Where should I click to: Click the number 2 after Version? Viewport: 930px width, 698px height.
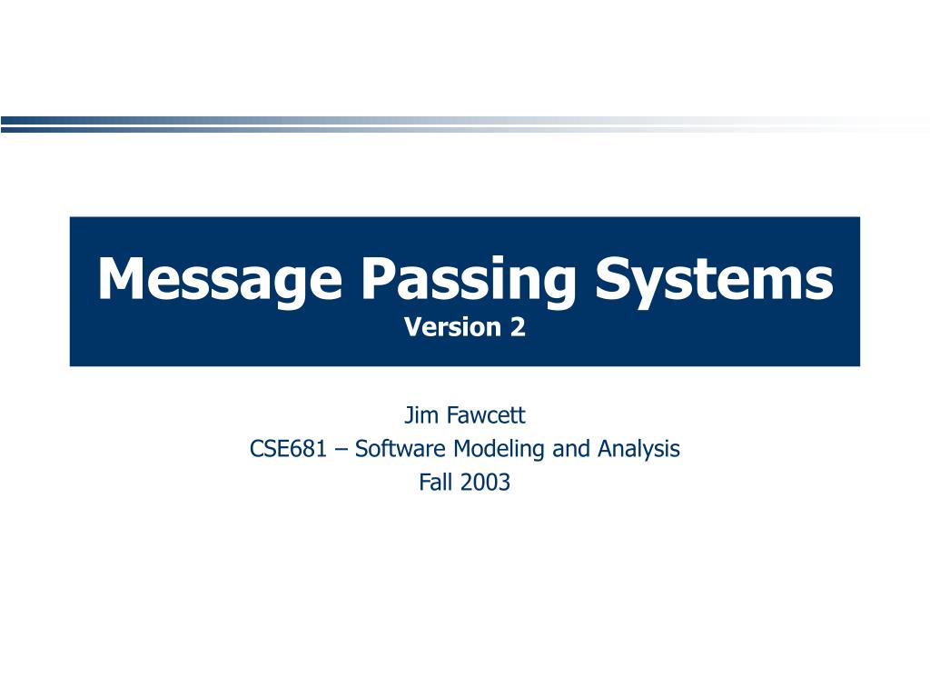pyautogui.click(x=518, y=327)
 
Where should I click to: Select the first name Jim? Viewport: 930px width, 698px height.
pyautogui.click(x=417, y=416)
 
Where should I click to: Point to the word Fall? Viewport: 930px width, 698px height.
pyautogui.click(x=435, y=483)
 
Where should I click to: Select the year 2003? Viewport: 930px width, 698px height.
pyautogui.click(x=485, y=483)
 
